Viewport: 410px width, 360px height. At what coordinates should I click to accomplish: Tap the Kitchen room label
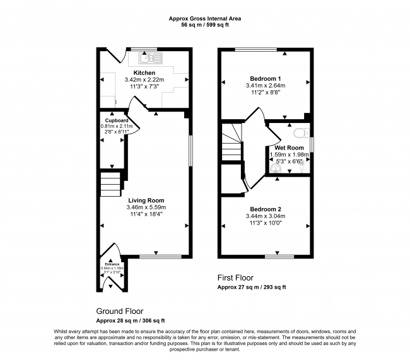[x=144, y=73]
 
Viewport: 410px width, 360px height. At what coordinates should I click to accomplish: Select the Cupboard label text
[x=117, y=120]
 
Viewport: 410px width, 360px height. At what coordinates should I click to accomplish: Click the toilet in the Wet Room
[x=300, y=132]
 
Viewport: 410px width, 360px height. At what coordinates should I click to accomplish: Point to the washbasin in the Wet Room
[x=276, y=168]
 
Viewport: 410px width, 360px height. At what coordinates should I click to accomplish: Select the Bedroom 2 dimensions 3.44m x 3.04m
[x=264, y=216]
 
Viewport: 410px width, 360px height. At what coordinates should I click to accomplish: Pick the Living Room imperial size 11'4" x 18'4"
[x=144, y=214]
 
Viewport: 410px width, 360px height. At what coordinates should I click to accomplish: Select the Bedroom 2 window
[x=279, y=256]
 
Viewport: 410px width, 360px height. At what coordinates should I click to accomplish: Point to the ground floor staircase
[x=110, y=185]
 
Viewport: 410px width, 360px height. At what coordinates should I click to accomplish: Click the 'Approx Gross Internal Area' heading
[x=205, y=19]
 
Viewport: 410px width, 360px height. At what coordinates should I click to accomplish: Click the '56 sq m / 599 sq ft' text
[x=205, y=26]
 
